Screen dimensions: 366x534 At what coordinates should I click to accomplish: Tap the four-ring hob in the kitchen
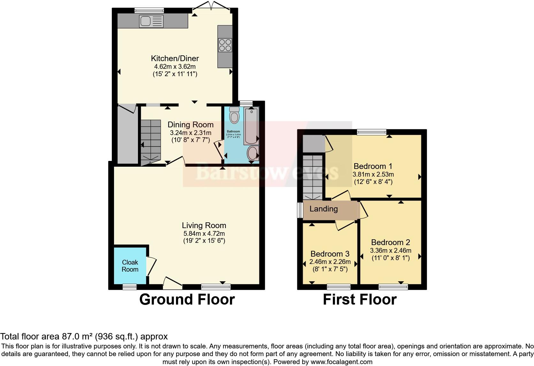pos(225,45)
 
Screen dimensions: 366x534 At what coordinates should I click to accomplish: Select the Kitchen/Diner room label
pos(175,58)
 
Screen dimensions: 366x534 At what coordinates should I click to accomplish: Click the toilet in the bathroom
pos(234,115)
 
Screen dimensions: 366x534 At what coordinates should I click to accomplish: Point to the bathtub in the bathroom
pos(251,126)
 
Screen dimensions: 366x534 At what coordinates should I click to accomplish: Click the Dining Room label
pos(190,125)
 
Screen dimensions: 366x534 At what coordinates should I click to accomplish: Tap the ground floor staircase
pos(151,141)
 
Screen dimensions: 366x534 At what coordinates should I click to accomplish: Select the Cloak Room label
pos(130,266)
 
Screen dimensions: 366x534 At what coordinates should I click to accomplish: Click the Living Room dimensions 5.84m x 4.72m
pos(204,234)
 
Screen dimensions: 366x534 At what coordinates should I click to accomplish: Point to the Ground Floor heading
pos(187,299)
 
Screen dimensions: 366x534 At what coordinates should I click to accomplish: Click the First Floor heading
pos(360,299)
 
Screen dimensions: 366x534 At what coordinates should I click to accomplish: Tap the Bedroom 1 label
pos(373,166)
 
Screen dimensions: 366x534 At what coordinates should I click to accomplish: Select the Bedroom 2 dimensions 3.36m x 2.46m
pos(391,251)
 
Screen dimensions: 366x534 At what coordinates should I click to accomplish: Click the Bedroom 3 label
pos(330,254)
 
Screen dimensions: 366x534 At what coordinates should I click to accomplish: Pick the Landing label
pos(324,209)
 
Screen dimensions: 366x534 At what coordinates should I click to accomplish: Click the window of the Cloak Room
pos(130,287)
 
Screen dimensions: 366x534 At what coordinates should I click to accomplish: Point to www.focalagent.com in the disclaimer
pos(341,362)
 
